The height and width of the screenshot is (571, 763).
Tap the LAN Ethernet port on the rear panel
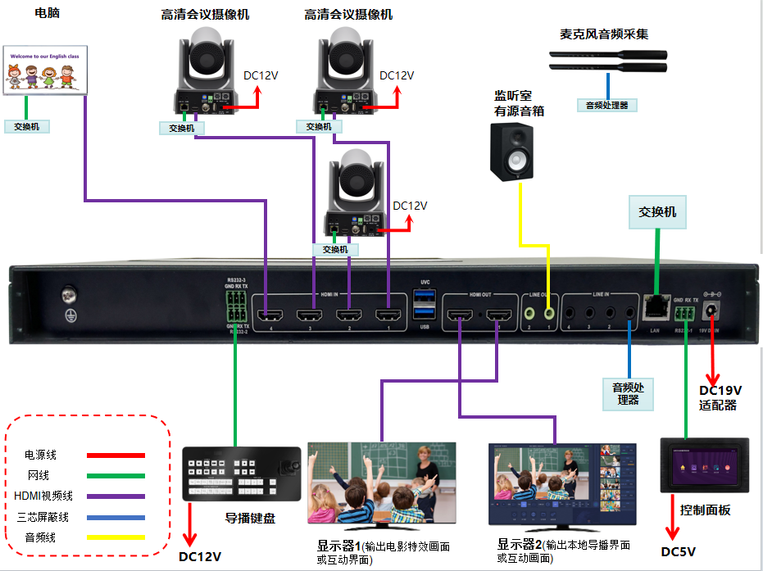click(656, 307)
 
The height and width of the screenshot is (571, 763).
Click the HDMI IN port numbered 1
click(387, 315)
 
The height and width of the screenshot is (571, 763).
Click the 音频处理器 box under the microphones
click(607, 105)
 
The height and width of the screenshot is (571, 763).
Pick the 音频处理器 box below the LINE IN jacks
click(629, 393)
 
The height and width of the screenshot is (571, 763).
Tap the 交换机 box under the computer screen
click(27, 127)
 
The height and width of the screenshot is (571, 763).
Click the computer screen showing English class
click(46, 69)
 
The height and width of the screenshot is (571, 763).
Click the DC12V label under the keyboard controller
click(201, 557)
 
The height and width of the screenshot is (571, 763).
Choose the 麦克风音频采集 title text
click(604, 34)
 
